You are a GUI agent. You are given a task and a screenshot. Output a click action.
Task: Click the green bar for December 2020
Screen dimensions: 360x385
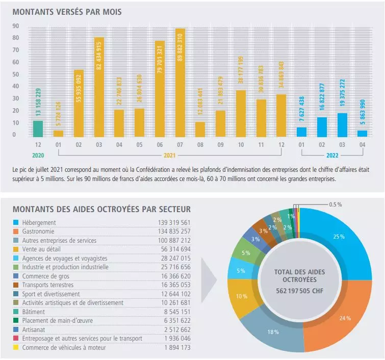click(38, 128)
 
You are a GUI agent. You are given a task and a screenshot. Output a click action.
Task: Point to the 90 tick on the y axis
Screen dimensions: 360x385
click(15, 26)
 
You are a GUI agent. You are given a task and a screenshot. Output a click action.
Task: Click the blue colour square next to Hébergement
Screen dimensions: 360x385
click(16, 223)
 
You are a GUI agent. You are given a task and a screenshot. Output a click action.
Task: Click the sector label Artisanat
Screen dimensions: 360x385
click(34, 329)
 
